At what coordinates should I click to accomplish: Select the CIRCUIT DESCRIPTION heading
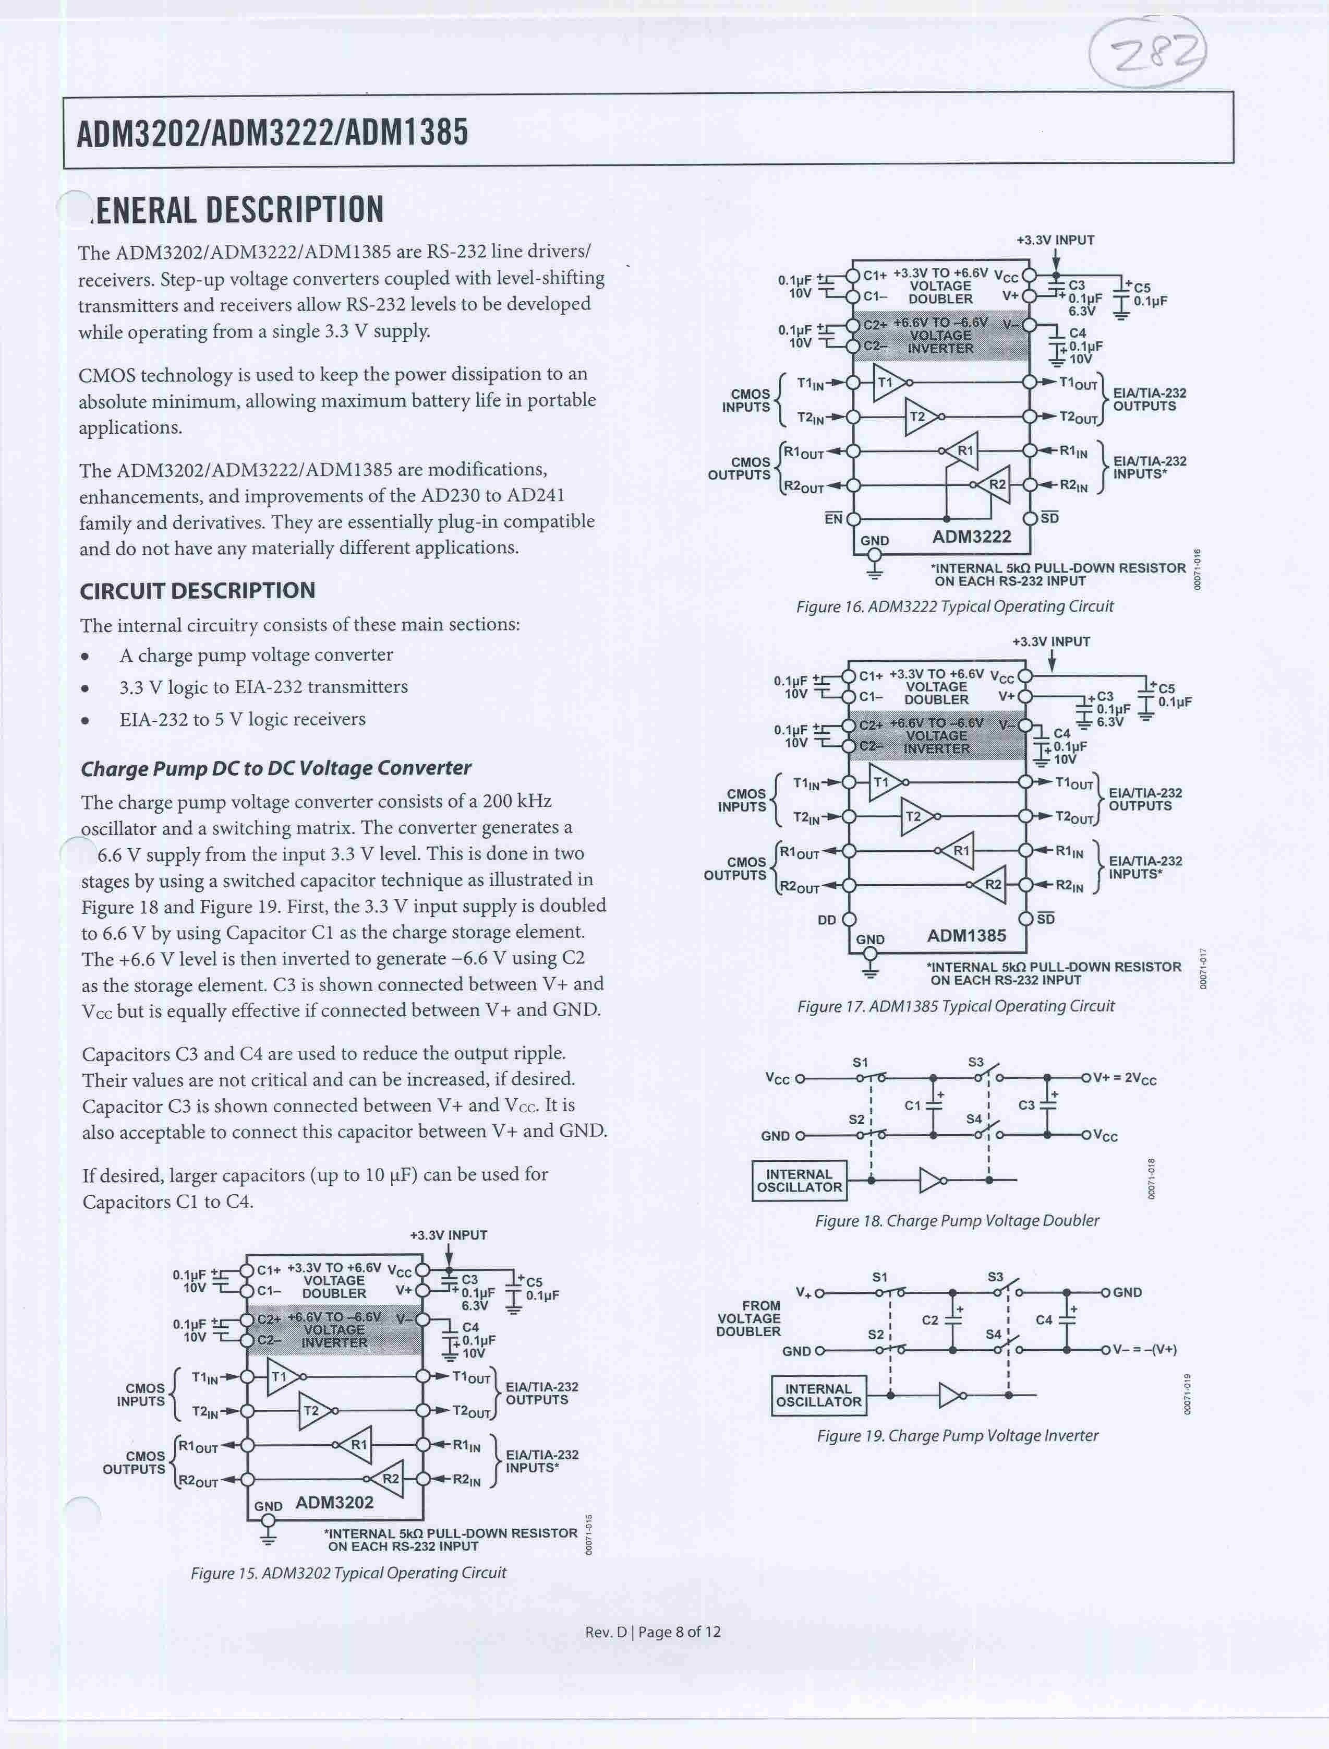click(x=198, y=590)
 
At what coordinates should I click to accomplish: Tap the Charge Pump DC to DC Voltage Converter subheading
click(x=276, y=768)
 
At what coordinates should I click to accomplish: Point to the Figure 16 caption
click(x=955, y=607)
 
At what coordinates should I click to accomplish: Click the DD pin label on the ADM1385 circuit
click(x=827, y=920)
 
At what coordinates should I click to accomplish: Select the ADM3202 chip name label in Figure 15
click(x=335, y=1502)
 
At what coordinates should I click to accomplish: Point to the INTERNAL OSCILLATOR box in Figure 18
click(x=800, y=1181)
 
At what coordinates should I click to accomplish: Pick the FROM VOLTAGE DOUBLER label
click(x=748, y=1318)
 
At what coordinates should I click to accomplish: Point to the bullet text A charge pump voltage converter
click(x=256, y=655)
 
